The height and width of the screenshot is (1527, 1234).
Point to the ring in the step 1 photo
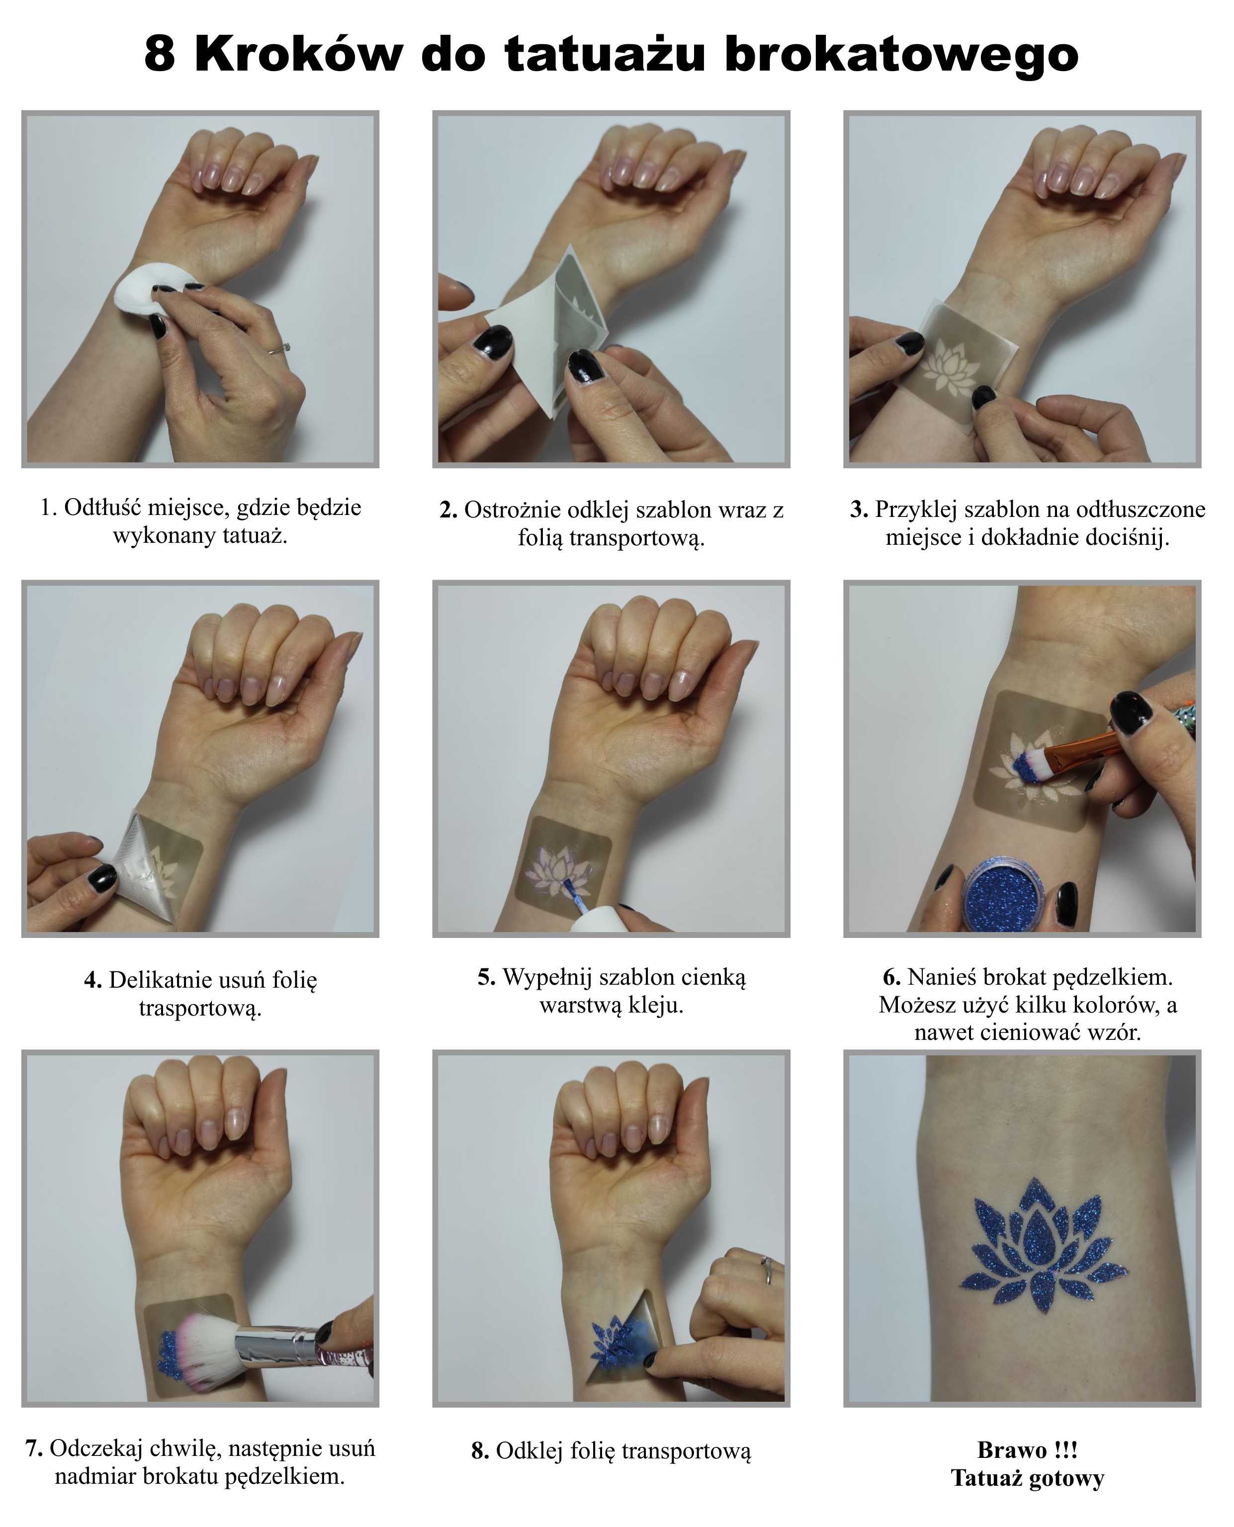(x=278, y=347)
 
